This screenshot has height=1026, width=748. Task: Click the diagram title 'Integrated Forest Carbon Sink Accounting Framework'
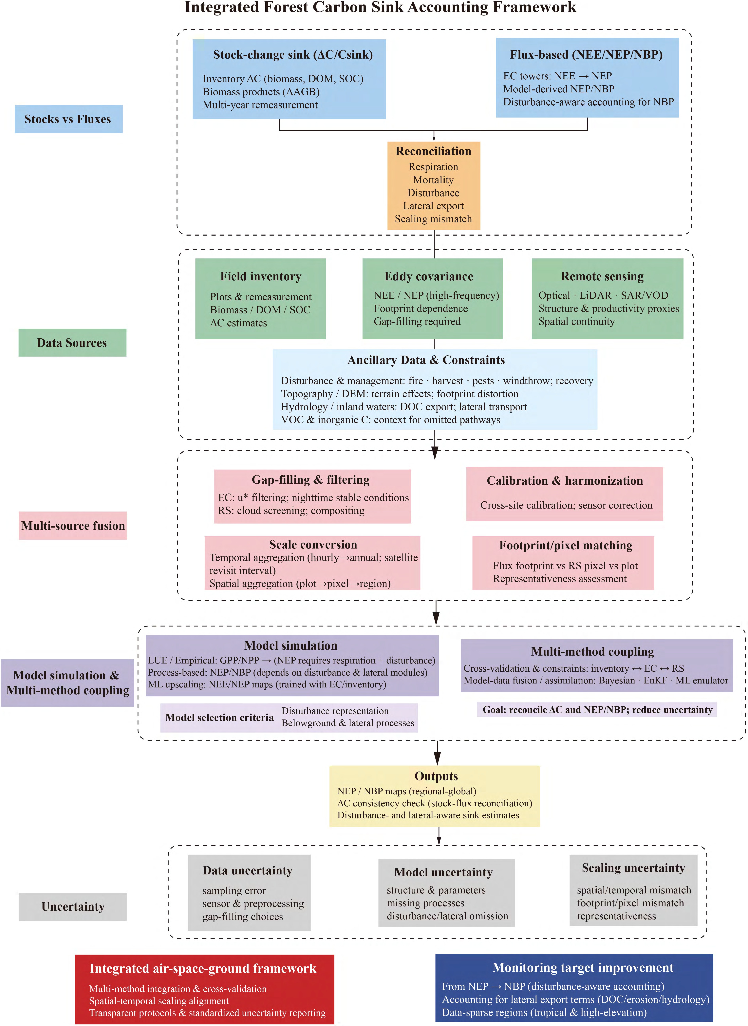[x=380, y=8]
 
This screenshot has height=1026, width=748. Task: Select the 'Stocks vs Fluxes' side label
[x=68, y=119]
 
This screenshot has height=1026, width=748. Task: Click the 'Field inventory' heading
[x=260, y=276]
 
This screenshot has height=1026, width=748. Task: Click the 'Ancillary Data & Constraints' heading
[x=426, y=360]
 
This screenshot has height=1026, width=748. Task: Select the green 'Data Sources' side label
[x=72, y=343]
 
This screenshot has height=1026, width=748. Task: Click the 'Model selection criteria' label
[x=220, y=717]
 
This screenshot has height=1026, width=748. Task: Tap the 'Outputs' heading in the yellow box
[x=436, y=776]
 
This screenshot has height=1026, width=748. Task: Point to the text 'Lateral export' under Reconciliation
[x=433, y=206]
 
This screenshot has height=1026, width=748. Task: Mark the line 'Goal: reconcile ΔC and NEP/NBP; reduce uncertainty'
[x=597, y=710]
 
